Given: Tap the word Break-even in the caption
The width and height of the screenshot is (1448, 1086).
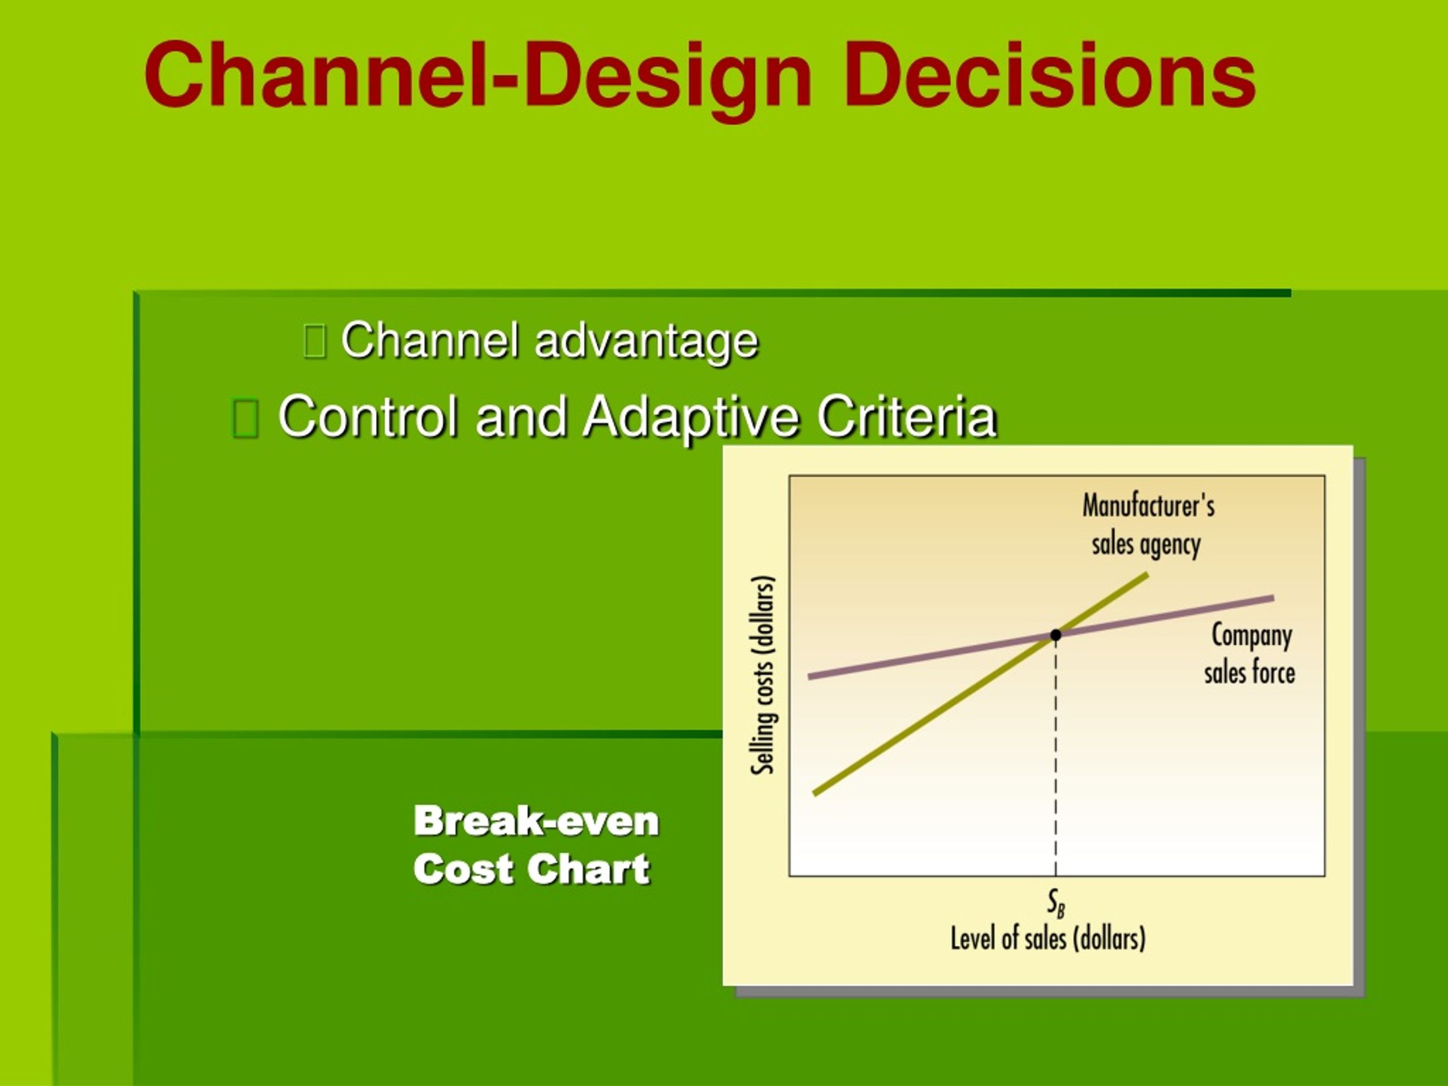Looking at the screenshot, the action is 536,821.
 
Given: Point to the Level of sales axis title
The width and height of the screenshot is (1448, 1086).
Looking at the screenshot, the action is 1048,939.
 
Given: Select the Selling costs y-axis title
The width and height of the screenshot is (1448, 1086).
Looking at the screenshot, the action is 763,675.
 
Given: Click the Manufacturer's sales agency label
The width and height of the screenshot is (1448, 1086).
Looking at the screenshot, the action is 1148,525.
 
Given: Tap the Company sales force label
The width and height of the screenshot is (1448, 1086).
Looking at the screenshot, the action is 1249,654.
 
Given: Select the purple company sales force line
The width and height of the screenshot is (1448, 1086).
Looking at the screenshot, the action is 1041,637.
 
